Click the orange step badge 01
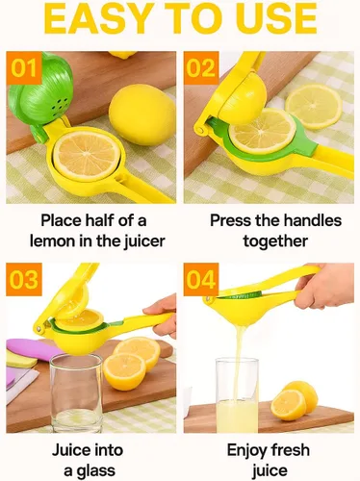click(x=24, y=67)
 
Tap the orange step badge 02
click(x=201, y=67)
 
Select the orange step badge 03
click(x=24, y=279)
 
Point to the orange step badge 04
click(x=201, y=279)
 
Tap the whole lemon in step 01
click(x=141, y=114)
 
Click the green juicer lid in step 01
click(x=39, y=90)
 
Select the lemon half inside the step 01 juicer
click(x=87, y=156)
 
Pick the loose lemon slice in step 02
click(x=314, y=106)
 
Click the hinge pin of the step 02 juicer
click(x=201, y=130)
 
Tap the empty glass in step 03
click(x=76, y=392)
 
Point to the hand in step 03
click(x=163, y=315)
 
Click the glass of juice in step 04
click(x=237, y=395)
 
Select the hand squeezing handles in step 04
click(x=324, y=286)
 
